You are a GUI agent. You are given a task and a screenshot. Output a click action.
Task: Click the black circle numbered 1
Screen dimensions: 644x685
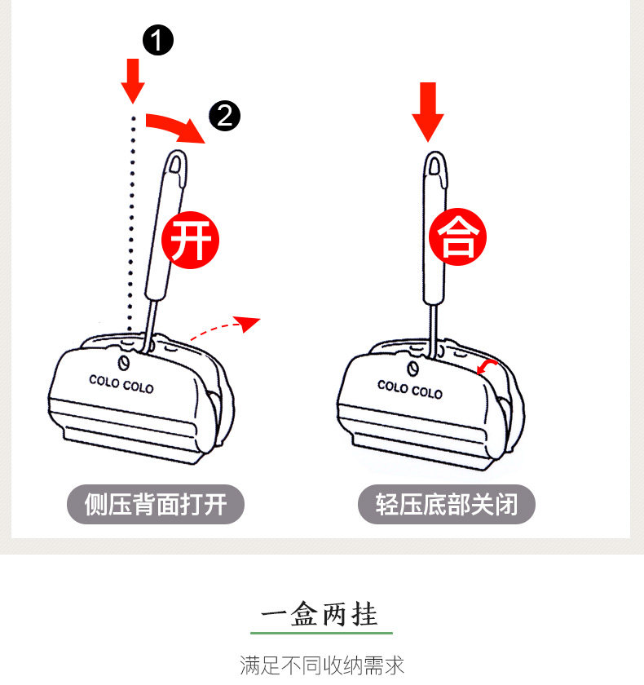click(158, 40)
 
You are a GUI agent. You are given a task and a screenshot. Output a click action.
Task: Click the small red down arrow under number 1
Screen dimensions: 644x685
click(133, 79)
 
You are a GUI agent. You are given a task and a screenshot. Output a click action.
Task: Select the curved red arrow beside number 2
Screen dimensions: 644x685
click(173, 126)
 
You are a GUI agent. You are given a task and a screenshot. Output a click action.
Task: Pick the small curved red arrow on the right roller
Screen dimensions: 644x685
click(487, 368)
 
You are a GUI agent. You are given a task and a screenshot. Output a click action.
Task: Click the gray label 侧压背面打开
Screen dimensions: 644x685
click(156, 505)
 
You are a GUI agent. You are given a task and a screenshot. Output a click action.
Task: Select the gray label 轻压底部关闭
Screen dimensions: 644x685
click(447, 505)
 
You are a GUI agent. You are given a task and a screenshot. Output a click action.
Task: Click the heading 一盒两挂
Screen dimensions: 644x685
click(321, 613)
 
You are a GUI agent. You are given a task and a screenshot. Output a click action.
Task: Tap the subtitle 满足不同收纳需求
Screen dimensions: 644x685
click(322, 665)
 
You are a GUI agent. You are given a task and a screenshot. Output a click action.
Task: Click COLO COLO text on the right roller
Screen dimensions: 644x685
click(409, 389)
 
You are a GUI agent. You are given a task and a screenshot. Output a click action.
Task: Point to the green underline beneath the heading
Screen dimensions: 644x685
click(321, 632)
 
